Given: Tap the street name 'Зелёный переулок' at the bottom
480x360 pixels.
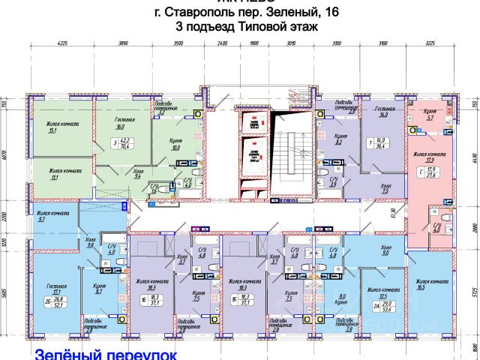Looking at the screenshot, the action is coord(105,352).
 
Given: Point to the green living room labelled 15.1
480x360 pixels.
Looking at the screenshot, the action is coord(52,127).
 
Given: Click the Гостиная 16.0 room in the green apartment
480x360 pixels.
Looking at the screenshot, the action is coord(125,123).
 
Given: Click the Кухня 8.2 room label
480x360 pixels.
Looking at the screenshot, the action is coord(337,139).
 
